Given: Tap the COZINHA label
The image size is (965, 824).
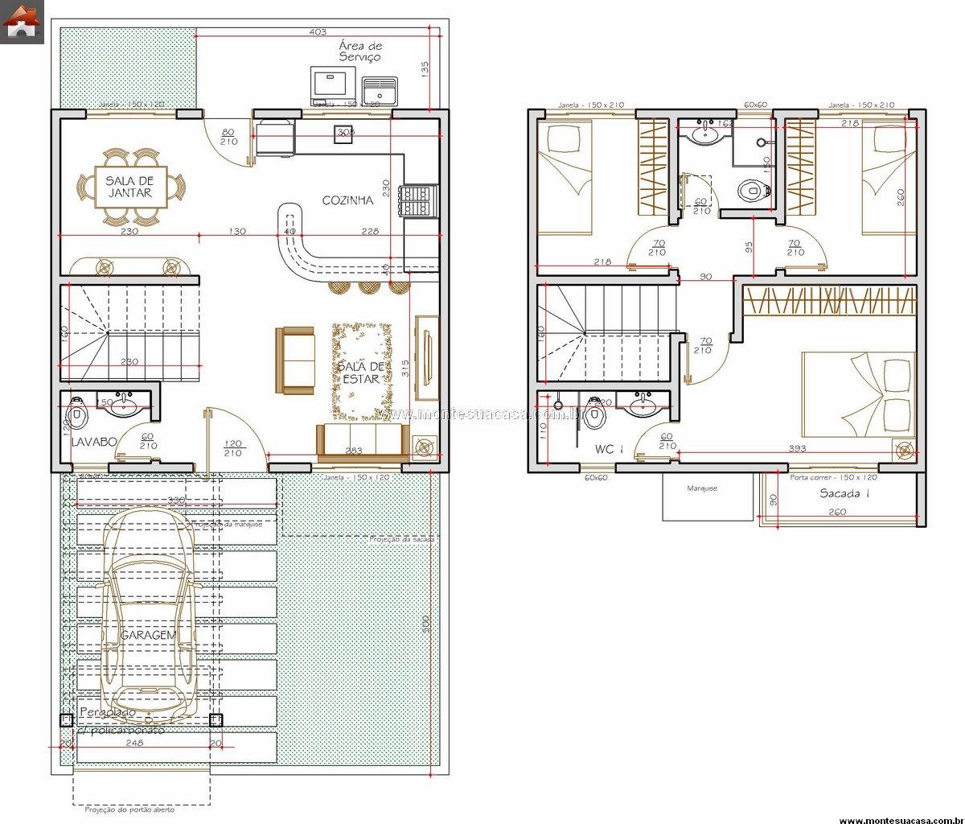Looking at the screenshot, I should (x=347, y=200).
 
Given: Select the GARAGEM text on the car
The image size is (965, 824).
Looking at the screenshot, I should (x=148, y=635).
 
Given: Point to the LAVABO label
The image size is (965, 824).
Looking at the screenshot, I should (x=94, y=442).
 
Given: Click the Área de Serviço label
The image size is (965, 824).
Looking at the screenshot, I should (x=359, y=52).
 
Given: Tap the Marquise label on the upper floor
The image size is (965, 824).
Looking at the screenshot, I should (x=701, y=488).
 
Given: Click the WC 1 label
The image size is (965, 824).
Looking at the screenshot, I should (x=609, y=449).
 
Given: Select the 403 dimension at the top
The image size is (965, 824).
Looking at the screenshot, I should (x=317, y=32).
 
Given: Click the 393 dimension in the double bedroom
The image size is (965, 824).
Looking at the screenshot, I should (x=797, y=449).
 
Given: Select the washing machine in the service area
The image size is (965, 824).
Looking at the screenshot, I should (x=333, y=84).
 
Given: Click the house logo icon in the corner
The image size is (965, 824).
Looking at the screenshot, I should (x=22, y=22).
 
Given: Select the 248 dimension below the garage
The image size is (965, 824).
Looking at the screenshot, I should (x=134, y=744).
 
